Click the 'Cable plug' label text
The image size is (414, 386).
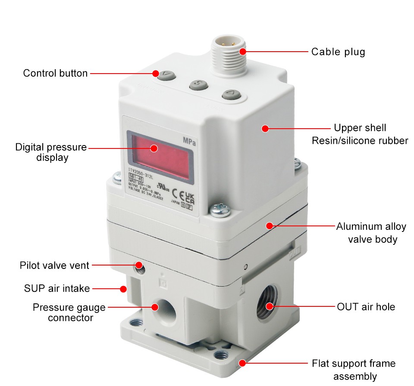(x=338, y=52)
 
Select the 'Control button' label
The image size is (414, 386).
(x=55, y=73)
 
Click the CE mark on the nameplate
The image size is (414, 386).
(x=176, y=193)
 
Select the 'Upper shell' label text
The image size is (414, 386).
(x=360, y=128)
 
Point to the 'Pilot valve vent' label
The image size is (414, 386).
(x=54, y=266)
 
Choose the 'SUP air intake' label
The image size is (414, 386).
(x=56, y=288)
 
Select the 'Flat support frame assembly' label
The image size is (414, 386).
(x=354, y=370)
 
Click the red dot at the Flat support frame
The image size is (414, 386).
(x=242, y=363)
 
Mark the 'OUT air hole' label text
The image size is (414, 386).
(x=366, y=307)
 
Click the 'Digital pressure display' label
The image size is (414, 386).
(x=51, y=152)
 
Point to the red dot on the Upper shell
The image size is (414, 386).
(x=265, y=128)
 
